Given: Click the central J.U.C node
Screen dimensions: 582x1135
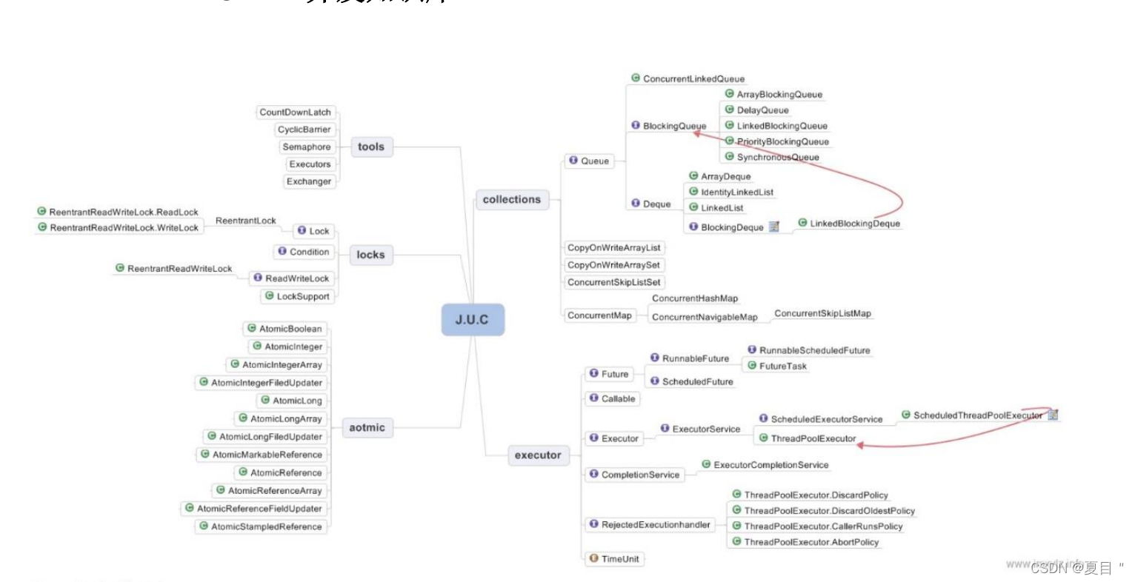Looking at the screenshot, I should coord(473,320).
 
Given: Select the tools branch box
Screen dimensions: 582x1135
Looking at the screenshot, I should coord(370,147).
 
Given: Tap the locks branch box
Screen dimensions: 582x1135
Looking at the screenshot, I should coord(370,255).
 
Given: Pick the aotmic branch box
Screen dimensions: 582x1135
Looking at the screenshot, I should coord(367,427).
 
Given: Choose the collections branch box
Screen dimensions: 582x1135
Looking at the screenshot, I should coord(511,199).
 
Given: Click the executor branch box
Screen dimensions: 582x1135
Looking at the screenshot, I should coord(538,455).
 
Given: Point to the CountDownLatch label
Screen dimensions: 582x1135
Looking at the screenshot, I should coord(295,113).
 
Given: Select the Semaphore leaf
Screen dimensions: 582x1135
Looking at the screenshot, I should coord(306,147).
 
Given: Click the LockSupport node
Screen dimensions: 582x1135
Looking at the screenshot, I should coord(302,296).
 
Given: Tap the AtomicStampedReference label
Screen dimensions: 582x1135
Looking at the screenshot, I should coord(266,526).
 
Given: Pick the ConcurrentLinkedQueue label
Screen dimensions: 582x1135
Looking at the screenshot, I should coord(693,78).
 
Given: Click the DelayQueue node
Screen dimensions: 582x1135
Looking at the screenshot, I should coord(762,110).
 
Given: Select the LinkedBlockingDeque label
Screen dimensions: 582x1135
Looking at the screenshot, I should coord(854,224).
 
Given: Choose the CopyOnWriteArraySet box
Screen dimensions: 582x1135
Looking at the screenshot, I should coord(613,265).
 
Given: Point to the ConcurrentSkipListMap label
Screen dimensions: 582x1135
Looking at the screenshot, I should coord(822,314).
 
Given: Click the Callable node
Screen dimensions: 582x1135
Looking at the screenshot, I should coord(618,398).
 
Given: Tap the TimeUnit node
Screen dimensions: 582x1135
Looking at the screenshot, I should coord(619,559).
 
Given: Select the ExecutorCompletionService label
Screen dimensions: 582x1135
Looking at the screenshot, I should coord(770,465).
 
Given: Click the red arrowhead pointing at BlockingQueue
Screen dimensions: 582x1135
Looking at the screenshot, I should coord(698,133).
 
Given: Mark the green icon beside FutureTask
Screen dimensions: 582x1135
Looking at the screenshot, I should coord(752,366).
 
